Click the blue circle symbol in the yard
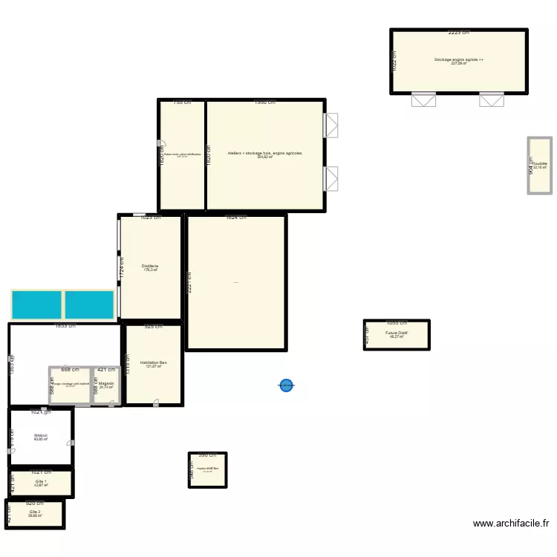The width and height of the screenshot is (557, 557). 286,385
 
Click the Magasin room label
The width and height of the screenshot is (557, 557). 106,384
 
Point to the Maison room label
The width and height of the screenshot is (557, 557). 41,436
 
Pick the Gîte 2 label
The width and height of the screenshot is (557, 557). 35,512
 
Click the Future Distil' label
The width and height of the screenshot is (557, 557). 397,333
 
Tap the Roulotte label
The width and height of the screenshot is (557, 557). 539,164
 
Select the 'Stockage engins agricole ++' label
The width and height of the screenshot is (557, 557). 459,59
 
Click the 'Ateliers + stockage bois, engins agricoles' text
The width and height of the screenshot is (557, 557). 265,153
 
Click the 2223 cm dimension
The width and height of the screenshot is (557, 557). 458,33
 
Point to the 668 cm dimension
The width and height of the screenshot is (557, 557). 70,369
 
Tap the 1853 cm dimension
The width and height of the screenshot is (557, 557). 65,326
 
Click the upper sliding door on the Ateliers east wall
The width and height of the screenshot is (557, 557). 331,125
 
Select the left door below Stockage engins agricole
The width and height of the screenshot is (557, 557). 423,100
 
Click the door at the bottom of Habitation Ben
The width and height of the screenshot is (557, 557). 155,403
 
